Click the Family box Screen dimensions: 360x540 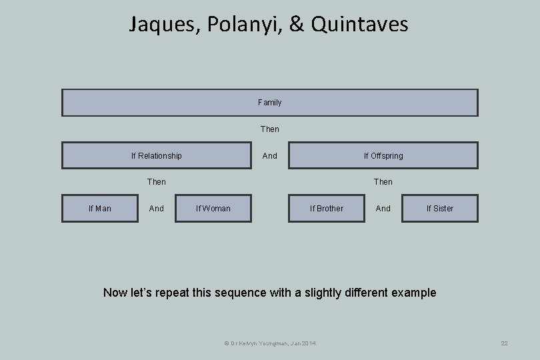269,103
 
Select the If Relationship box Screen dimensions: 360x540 157,155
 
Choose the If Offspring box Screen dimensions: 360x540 383,155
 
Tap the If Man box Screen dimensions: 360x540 100,208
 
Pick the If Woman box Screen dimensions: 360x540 213,208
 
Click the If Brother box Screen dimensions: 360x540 327,208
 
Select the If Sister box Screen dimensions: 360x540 440,208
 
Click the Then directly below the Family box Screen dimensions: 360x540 269,129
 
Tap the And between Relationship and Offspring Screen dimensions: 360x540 269,155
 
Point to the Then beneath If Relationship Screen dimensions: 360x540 157,181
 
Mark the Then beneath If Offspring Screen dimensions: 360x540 383,181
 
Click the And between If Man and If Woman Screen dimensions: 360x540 157,208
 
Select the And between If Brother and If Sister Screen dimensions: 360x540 383,208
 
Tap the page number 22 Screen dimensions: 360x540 504,343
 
